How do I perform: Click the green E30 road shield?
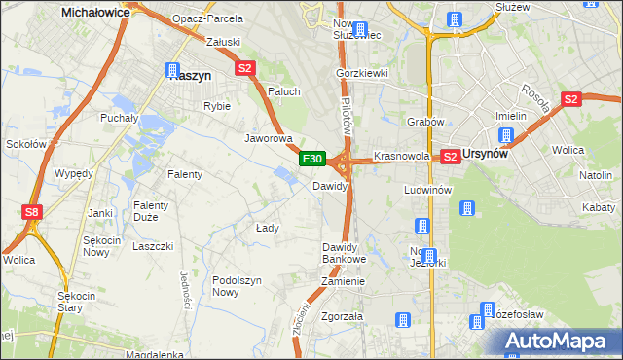pos(311,159)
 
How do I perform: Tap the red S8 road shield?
pos(32,211)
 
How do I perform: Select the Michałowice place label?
pos(96,12)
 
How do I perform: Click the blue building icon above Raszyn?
pos(172,70)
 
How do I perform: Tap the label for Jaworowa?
pos(269,138)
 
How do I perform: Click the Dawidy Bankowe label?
pos(344,253)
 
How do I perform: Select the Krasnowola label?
pos(401,156)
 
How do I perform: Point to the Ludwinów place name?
pos(427,190)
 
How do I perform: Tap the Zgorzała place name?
pos(342,317)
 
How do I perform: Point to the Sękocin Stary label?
pos(75,302)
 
